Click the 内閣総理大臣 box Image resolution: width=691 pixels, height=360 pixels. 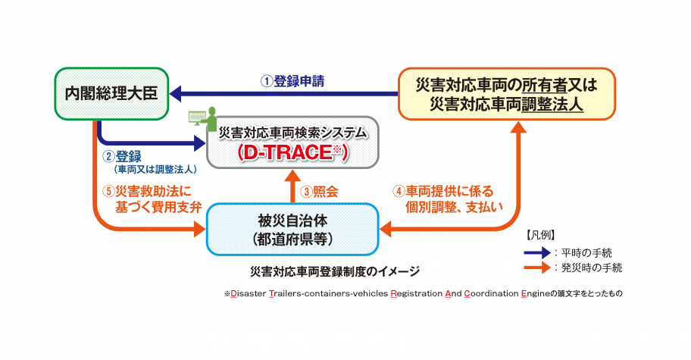pos(111,93)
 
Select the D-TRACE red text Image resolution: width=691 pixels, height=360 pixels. pos(292,152)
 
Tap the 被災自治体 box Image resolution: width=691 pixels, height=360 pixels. pos(292,227)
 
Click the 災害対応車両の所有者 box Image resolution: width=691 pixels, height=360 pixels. pos(507,94)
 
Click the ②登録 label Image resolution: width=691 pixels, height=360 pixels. pos(121,157)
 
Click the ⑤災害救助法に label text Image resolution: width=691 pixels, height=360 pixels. pos(147,191)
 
